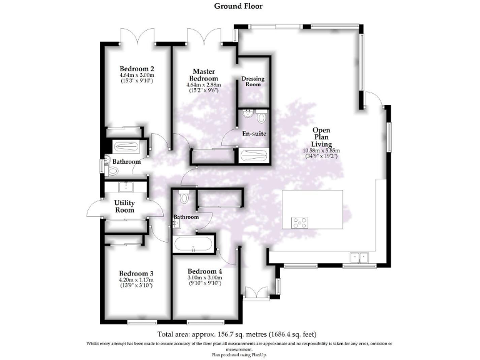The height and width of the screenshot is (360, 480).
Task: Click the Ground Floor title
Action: [238, 6]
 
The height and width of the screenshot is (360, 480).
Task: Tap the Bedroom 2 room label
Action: [137, 69]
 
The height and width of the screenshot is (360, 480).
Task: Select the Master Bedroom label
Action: [204, 76]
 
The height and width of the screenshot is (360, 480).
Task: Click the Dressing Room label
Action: [253, 81]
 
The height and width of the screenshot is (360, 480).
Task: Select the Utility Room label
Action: [124, 206]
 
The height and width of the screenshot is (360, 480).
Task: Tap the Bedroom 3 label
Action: [137, 274]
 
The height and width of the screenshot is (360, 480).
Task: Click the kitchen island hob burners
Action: [299, 221]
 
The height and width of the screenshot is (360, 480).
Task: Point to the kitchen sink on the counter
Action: [359, 256]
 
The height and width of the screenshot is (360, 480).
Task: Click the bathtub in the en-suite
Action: [252, 155]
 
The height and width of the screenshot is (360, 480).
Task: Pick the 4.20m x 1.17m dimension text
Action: [137, 281]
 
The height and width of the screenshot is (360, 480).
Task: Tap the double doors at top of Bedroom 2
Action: [137, 36]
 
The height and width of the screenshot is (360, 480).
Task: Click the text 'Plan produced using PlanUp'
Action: [239, 354]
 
